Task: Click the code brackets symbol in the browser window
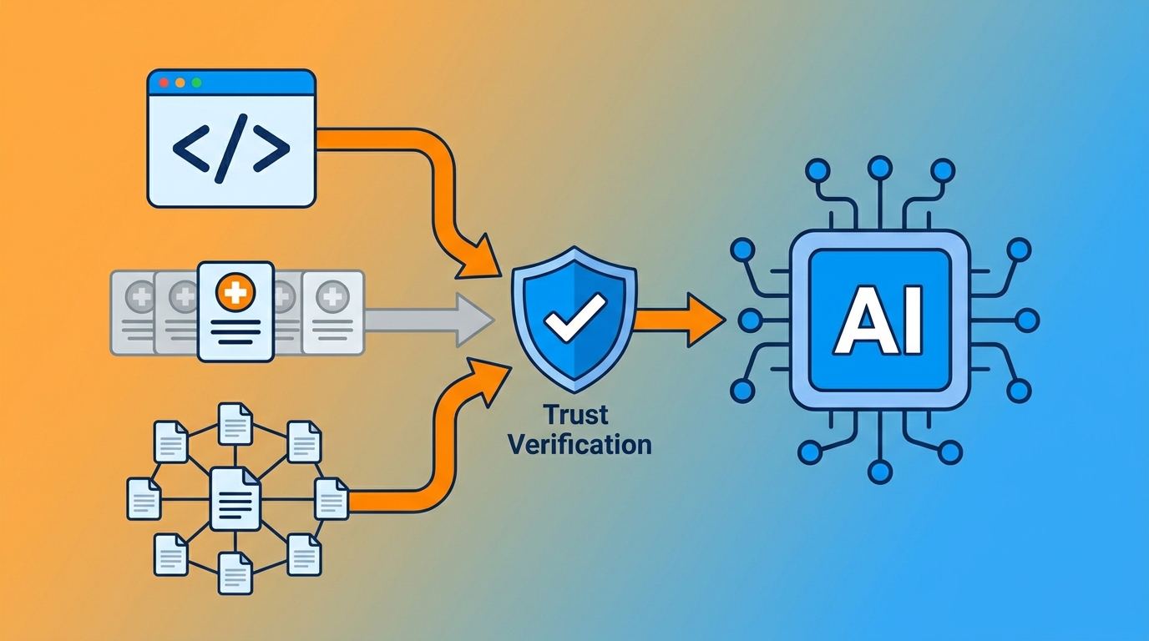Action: [x=230, y=149]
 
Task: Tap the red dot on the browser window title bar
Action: [x=164, y=83]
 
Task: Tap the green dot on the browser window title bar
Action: [x=196, y=83]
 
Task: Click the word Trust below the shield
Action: [x=575, y=414]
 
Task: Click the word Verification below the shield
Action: [x=580, y=443]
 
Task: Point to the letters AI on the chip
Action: [x=880, y=320]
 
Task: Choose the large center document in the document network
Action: [x=235, y=498]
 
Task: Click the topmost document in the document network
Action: [x=235, y=423]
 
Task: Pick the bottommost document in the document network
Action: [x=235, y=572]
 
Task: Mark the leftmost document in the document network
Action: [x=144, y=498]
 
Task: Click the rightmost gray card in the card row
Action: [x=333, y=312]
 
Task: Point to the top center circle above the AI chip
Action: [x=879, y=167]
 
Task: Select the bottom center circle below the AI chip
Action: [x=879, y=472]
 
